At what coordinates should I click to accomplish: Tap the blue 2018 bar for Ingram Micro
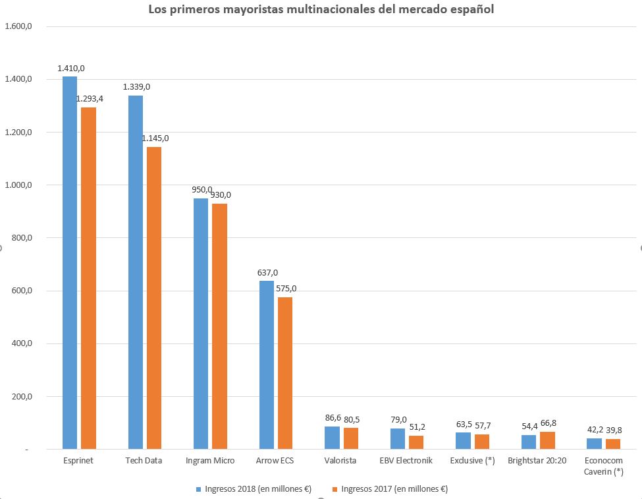click(x=200, y=324)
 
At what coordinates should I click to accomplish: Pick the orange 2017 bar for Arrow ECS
click(x=285, y=373)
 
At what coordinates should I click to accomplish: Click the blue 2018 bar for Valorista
click(x=333, y=438)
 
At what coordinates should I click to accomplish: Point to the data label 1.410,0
click(x=70, y=68)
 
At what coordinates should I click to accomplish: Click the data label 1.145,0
click(x=155, y=138)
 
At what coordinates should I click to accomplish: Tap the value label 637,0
click(x=267, y=272)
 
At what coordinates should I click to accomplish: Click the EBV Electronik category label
click(x=407, y=460)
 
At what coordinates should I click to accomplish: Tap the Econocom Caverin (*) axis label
click(x=604, y=465)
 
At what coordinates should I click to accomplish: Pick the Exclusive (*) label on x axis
click(x=473, y=460)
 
